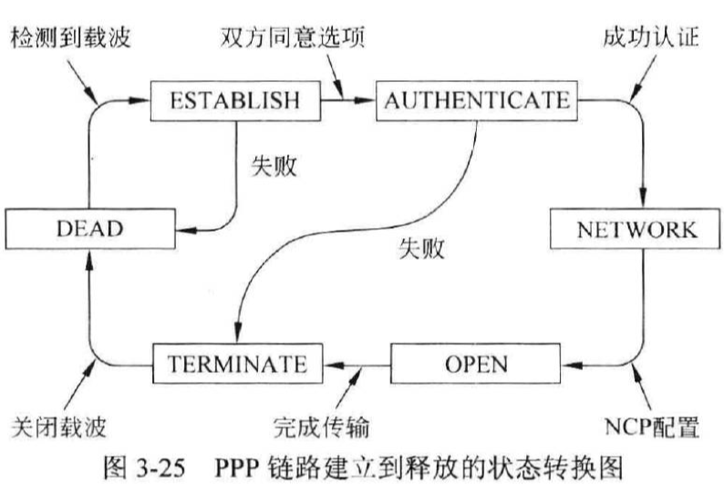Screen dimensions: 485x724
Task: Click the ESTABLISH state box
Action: (x=236, y=98)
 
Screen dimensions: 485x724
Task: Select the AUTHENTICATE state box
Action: (x=475, y=98)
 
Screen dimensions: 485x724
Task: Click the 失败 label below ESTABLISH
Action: (x=274, y=168)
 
